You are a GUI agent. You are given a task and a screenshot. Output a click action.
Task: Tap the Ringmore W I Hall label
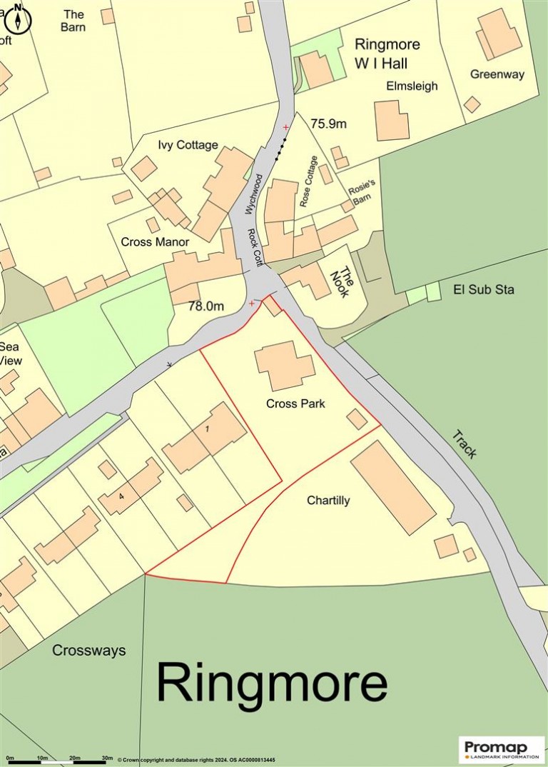click(387, 54)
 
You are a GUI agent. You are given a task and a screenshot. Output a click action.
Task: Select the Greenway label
click(497, 74)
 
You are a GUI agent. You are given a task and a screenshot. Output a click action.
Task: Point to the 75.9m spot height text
click(328, 124)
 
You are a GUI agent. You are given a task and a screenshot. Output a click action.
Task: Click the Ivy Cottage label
click(188, 145)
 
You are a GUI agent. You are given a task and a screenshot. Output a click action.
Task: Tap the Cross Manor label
click(155, 242)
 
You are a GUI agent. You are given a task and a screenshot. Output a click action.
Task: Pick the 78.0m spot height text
click(206, 306)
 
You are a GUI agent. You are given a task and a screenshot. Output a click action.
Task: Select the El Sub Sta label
click(484, 290)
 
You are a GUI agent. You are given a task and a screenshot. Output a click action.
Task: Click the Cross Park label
click(295, 403)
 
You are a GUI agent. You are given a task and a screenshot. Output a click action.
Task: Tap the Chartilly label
click(328, 501)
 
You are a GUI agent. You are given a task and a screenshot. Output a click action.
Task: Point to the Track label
click(464, 444)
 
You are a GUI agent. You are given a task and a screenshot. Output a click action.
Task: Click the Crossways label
click(89, 651)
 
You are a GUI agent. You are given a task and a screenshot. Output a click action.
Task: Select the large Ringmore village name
click(272, 683)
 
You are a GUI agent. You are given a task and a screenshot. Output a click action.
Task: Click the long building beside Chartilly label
click(392, 487)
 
